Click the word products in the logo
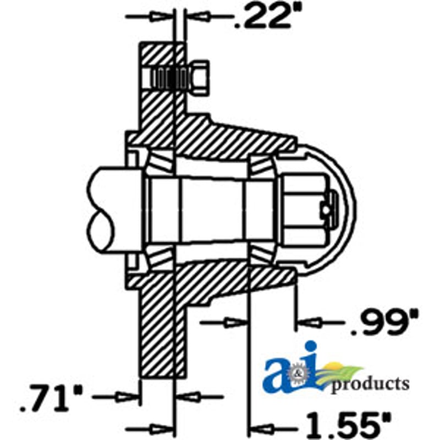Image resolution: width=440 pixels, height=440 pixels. pyautogui.click(x=370, y=384)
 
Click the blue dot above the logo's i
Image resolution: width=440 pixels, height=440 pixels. pyautogui.click(x=311, y=349)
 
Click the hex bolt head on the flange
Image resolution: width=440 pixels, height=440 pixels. pyautogui.click(x=199, y=78)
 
